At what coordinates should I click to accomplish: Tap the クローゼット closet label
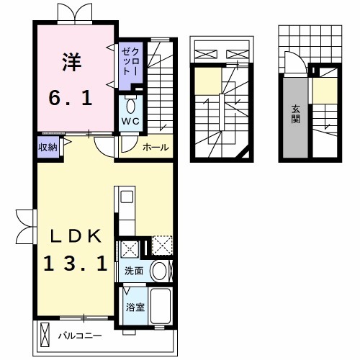coord(131,60)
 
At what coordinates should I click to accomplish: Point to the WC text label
coord(130,120)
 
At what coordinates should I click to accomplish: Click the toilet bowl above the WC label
coord(130,104)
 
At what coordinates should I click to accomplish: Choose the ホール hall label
coord(156,148)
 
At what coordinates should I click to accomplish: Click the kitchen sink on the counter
coord(123,197)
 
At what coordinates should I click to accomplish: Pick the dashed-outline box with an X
coord(161,246)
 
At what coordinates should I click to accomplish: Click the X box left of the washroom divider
coord(130,248)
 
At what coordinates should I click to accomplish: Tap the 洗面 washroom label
coord(134,271)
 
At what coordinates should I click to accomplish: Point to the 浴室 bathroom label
coord(134,307)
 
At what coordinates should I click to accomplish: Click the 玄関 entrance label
coord(295,114)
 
